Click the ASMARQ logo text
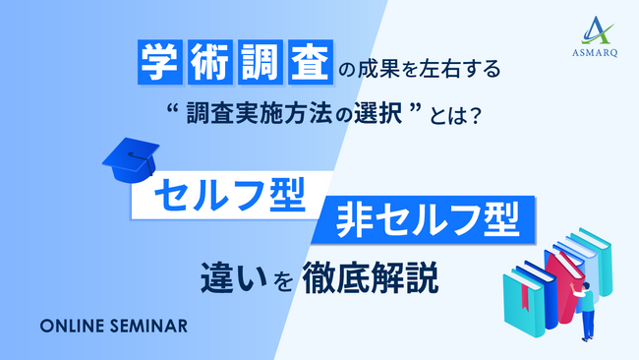pyautogui.click(x=595, y=55)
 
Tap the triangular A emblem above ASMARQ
pyautogui.click(x=594, y=31)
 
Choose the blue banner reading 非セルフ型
pyautogui.click(x=429, y=218)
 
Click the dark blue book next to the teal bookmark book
pyautogui.click(x=543, y=285)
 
